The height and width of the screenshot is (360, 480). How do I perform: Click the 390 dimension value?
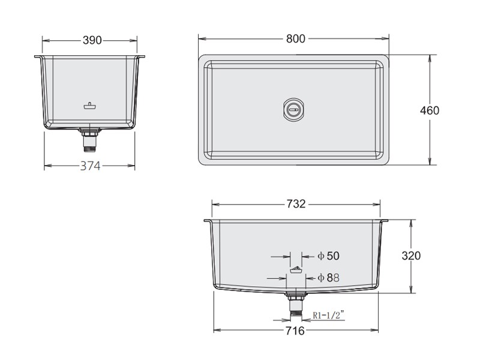click(92, 40)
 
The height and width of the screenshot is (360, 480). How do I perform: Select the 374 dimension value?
click(90, 166)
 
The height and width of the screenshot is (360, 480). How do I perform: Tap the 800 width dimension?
click(296, 38)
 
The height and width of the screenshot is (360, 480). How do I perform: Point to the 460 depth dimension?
click(430, 110)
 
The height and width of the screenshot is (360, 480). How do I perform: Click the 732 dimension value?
click(296, 204)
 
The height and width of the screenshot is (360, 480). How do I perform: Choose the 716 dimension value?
click(295, 331)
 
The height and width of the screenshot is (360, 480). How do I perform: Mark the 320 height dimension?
click(411, 256)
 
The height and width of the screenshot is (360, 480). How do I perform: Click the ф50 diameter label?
click(328, 256)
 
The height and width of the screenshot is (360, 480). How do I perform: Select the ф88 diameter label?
click(328, 278)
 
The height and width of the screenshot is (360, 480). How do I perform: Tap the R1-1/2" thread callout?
click(328, 314)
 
